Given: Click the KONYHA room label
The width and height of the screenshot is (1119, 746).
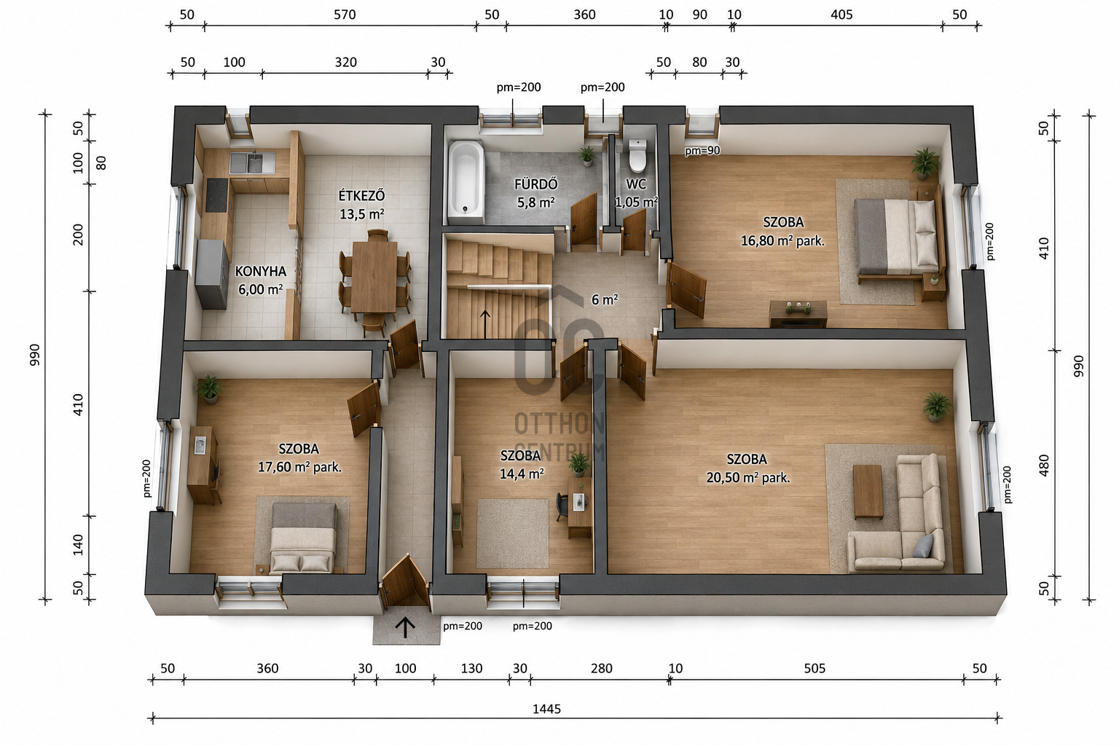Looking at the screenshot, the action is pyautogui.click(x=260, y=271).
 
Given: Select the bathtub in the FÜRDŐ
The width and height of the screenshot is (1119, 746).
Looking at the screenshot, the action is pyautogui.click(x=466, y=182).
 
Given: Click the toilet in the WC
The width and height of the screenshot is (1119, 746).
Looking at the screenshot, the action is pyautogui.click(x=637, y=155).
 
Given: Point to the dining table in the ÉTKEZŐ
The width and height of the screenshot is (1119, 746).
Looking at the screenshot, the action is pyautogui.click(x=374, y=276).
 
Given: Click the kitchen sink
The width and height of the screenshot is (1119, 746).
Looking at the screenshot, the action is pyautogui.click(x=252, y=163).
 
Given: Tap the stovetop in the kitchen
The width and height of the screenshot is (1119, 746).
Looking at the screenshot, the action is pyautogui.click(x=217, y=195).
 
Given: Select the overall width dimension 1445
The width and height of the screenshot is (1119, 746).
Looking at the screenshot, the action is pyautogui.click(x=546, y=709).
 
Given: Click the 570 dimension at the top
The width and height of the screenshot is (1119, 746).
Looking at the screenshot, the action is pyautogui.click(x=345, y=15).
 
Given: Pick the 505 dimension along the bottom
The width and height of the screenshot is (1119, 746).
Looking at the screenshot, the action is pyautogui.click(x=814, y=668).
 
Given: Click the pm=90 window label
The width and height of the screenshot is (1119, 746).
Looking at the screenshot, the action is pyautogui.click(x=702, y=150).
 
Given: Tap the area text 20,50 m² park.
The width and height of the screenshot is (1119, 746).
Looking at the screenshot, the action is pyautogui.click(x=748, y=478).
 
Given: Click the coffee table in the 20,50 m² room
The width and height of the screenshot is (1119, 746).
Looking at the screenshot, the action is pyautogui.click(x=868, y=492).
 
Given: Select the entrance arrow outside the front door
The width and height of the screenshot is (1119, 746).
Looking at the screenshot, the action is pyautogui.click(x=405, y=627).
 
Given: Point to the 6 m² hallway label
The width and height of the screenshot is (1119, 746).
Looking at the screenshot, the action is pyautogui.click(x=605, y=299).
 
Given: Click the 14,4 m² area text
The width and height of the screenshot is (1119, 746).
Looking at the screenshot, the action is pyautogui.click(x=522, y=474).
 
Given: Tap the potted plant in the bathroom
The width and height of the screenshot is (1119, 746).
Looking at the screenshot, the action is pyautogui.click(x=587, y=156).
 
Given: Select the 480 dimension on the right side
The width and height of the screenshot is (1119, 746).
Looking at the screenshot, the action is pyautogui.click(x=1043, y=465).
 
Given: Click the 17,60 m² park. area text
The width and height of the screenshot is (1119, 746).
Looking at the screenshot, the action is pyautogui.click(x=299, y=467).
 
